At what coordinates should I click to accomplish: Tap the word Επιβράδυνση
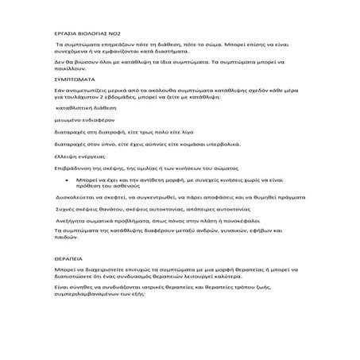[x=74, y=169]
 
